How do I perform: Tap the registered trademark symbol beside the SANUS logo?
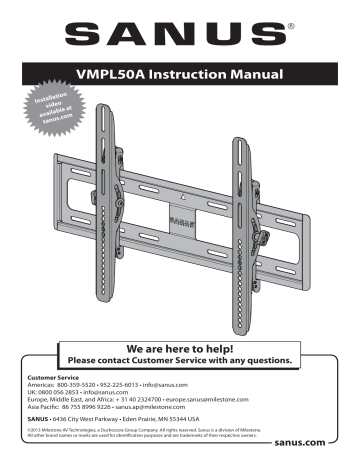(318, 23)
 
